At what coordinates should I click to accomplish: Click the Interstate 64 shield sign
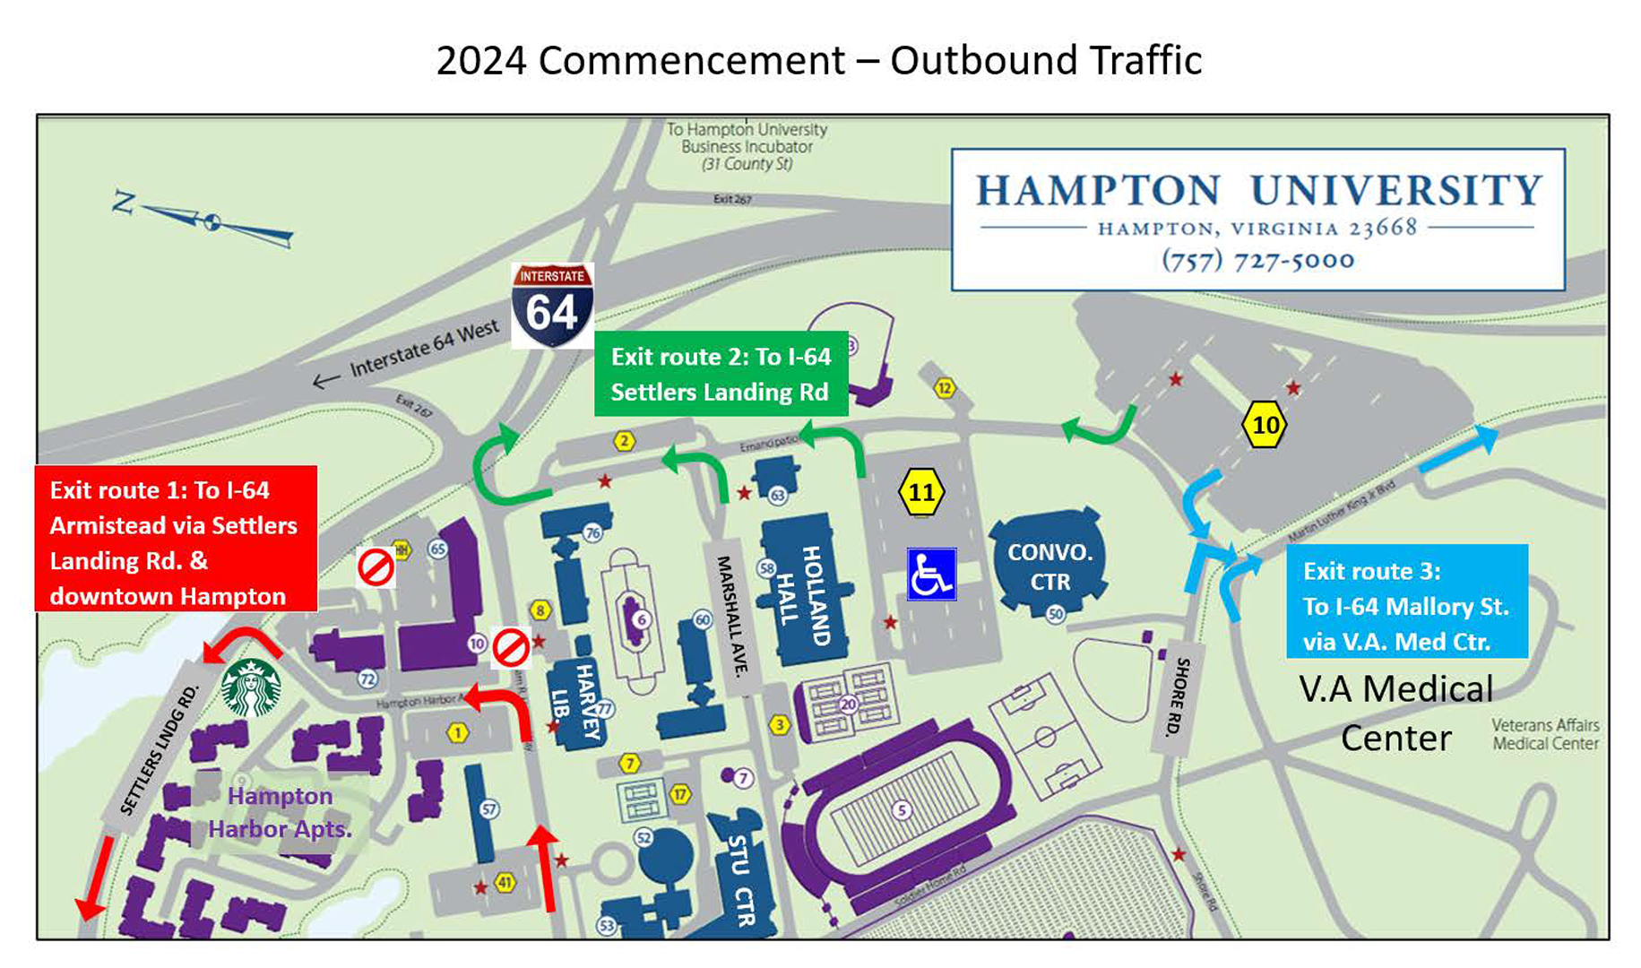click(552, 306)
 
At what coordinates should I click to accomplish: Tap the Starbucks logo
click(251, 687)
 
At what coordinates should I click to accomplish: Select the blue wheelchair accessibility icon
click(931, 574)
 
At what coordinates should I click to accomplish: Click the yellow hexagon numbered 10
click(1265, 425)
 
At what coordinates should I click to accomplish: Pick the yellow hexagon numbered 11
click(921, 492)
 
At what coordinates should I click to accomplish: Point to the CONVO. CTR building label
click(1049, 566)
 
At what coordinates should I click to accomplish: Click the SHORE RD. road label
click(1177, 697)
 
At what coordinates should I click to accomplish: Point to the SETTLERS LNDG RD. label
click(160, 749)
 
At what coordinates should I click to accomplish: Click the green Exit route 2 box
click(721, 374)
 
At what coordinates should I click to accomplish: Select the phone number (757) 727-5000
click(1257, 260)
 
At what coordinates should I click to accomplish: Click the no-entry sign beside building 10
click(511, 647)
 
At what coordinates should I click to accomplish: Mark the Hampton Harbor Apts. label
click(279, 812)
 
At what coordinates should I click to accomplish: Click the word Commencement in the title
click(691, 61)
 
